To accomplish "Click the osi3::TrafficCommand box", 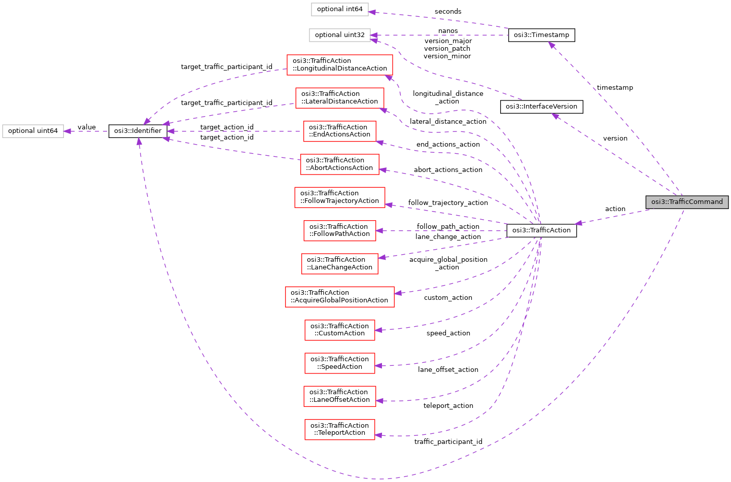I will [x=687, y=202].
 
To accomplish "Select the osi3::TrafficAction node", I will [x=541, y=230].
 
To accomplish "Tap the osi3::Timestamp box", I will [x=541, y=35].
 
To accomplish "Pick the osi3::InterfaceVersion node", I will [x=541, y=107].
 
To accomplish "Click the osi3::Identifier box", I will [x=137, y=131].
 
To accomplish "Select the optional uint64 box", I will [x=33, y=131].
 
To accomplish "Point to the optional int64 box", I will [x=339, y=9].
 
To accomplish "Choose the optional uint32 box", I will [x=339, y=35].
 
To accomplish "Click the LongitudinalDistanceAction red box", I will [x=339, y=64].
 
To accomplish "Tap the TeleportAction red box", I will [x=339, y=429].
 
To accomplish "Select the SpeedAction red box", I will [x=339, y=363].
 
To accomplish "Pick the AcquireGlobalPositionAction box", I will [x=339, y=296].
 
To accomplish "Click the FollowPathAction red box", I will [x=339, y=230].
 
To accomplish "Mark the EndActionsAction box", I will [x=339, y=131].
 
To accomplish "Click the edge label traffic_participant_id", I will [x=448, y=442].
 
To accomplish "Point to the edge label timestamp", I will [x=615, y=88].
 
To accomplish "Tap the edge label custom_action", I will [x=448, y=298].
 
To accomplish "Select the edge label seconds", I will [x=448, y=12].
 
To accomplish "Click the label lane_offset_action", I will [x=448, y=370].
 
